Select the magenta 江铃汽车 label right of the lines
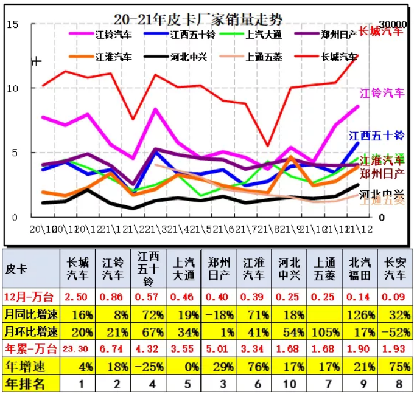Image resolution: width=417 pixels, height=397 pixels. tap(382, 93)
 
